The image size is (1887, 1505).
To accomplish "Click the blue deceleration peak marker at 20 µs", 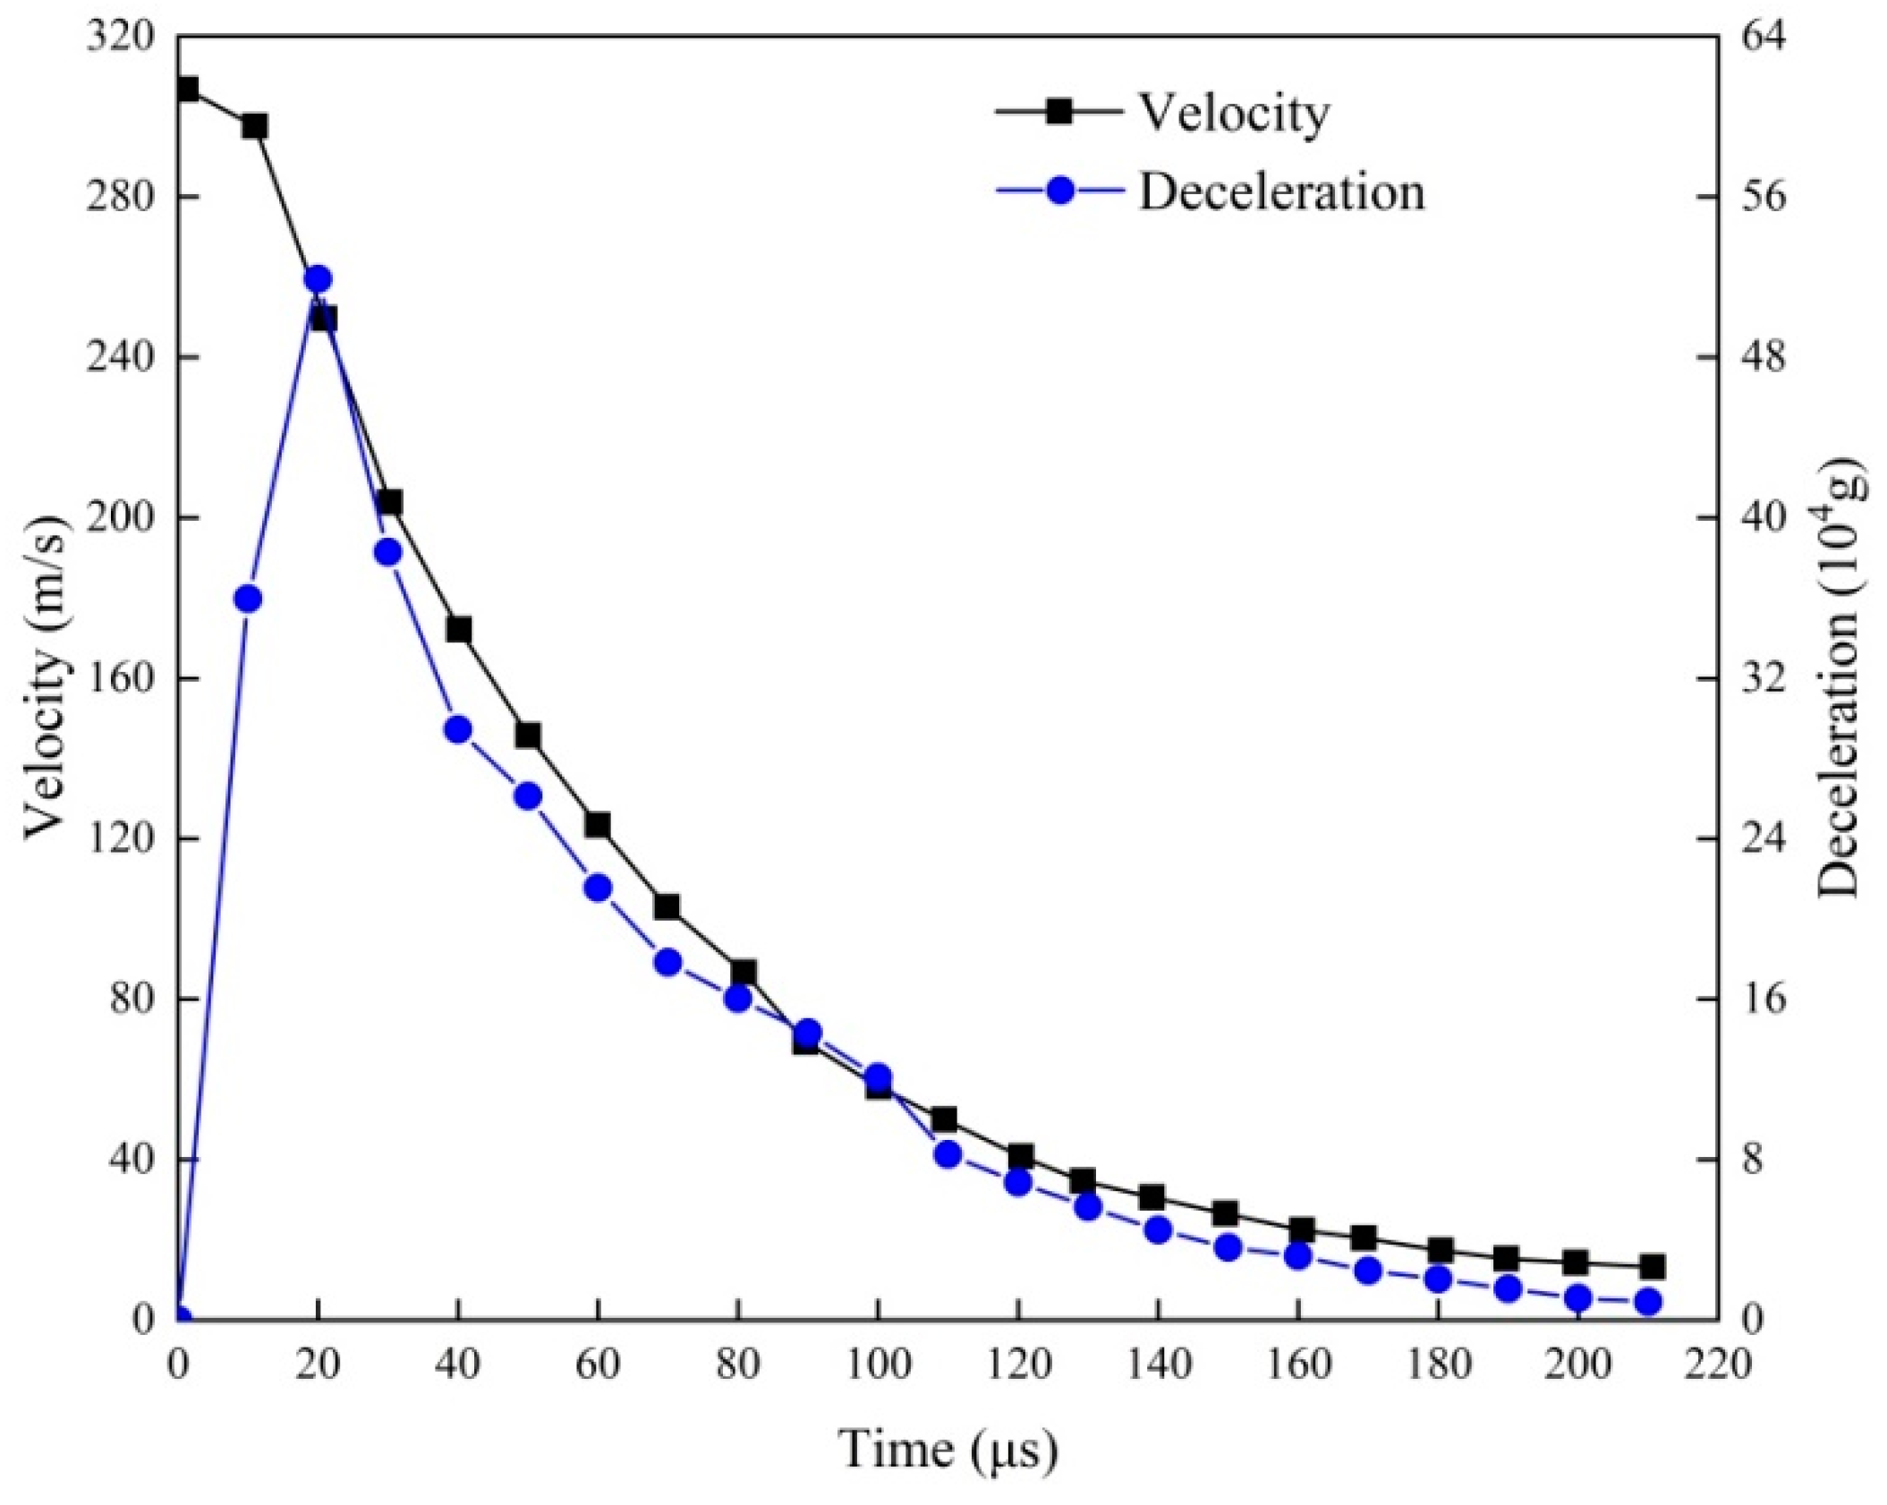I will click(x=318, y=279).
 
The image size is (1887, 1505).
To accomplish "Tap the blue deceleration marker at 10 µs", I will click(x=248, y=599).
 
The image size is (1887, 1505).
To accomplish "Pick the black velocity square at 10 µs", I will click(x=255, y=126).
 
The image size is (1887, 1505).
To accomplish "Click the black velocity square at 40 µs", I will click(x=459, y=630).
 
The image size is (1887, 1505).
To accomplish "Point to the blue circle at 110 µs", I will click(x=948, y=1154).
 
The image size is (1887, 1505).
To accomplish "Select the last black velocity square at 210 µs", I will click(x=1652, y=1266).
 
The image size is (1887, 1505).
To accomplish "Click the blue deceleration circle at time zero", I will click(x=180, y=1318).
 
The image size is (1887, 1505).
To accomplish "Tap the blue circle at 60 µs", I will click(x=598, y=888).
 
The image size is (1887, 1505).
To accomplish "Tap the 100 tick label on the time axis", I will click(x=878, y=1365).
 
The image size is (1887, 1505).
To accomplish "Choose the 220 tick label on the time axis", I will click(x=1717, y=1365).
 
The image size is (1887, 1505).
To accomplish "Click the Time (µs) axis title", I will click(x=948, y=1449).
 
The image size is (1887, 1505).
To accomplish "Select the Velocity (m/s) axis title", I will click(x=47, y=678).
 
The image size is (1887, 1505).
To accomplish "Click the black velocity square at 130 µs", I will click(x=1083, y=1181).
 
